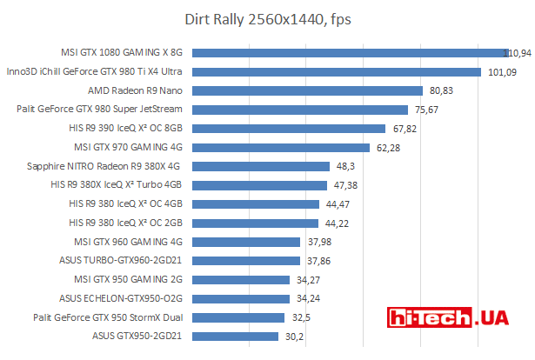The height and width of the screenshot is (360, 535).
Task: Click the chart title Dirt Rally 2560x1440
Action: (x=267, y=19)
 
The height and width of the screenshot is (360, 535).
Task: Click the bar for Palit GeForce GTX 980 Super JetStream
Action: (x=299, y=110)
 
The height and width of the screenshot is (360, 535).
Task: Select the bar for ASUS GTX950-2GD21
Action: (x=234, y=336)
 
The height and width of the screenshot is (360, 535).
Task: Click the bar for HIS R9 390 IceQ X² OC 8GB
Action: (x=288, y=129)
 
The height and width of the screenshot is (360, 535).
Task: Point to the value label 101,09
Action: (x=502, y=72)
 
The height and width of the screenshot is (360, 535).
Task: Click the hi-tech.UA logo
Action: (x=448, y=318)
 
